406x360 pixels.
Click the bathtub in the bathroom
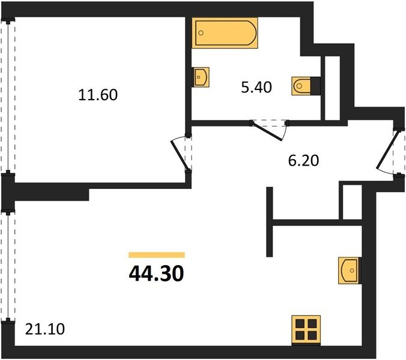225,33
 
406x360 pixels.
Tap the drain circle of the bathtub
201,33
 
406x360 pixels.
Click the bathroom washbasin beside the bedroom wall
201,77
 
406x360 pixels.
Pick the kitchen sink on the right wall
350,271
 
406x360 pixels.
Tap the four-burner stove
306,331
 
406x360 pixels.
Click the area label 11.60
98,95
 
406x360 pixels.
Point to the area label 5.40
256,87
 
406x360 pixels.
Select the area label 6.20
303,161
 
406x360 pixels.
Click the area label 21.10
45,329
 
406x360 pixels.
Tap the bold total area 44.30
156,274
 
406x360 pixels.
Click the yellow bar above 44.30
157,255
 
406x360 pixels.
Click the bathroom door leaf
267,131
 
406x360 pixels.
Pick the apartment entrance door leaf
386,152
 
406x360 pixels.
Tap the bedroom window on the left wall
8,97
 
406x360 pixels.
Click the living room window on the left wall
8,266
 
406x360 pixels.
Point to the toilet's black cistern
315,86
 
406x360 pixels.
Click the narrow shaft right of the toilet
332,88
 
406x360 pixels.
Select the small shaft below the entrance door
352,202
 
